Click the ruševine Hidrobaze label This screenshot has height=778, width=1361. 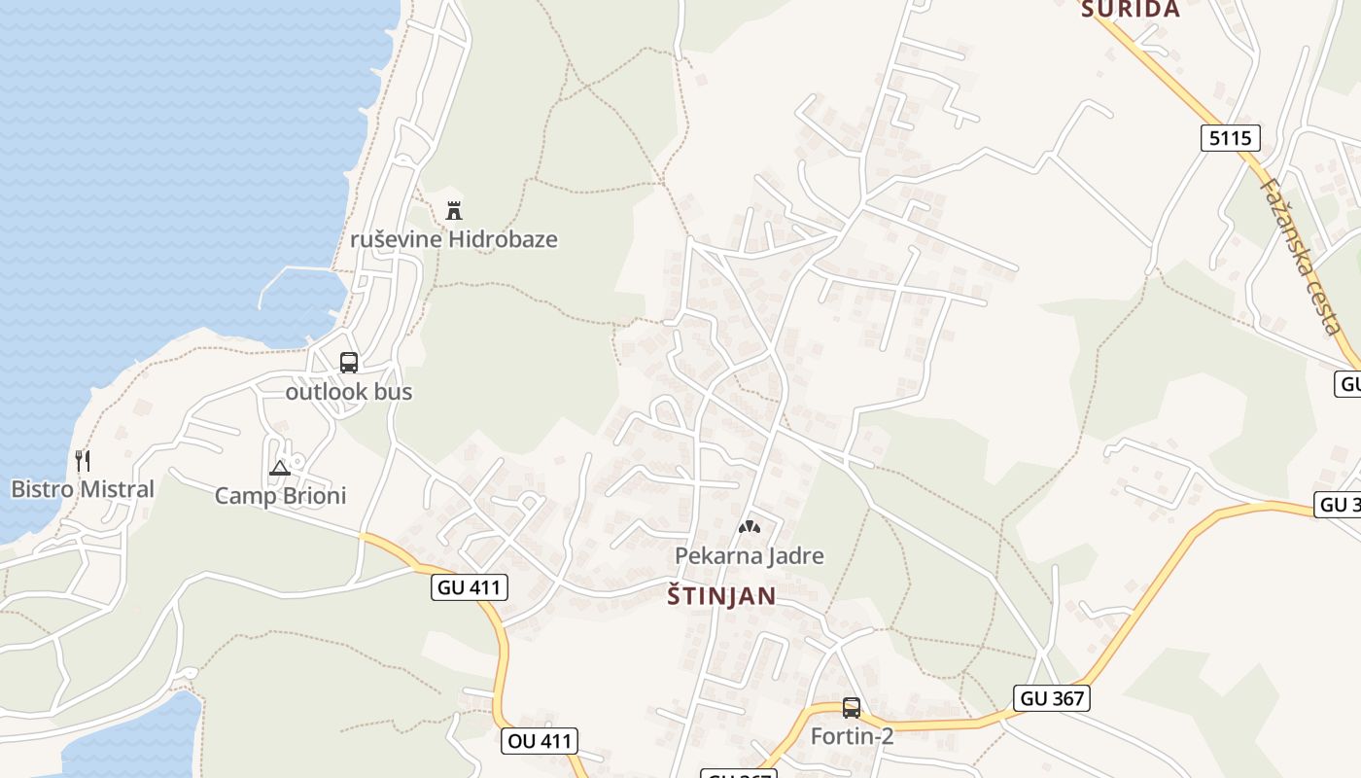454,239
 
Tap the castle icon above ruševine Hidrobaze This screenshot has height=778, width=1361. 454,209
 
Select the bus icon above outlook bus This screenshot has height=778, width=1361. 349,363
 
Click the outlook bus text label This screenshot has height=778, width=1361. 349,392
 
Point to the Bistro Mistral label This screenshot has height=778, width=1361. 83,489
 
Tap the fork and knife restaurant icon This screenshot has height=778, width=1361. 83,460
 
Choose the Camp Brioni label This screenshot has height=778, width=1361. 280,496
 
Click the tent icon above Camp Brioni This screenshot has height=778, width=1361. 280,469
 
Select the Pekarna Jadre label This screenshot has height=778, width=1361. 750,556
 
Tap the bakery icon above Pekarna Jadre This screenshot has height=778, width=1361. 750,527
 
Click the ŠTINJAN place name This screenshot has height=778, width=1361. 721,596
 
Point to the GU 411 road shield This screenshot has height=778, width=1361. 470,586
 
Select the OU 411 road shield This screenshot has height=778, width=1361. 541,741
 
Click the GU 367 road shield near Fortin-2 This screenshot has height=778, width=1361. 1051,697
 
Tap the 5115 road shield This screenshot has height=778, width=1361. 1230,138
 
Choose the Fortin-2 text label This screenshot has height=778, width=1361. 852,736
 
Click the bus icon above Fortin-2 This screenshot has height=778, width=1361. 852,708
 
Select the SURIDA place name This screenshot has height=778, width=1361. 1131,10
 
